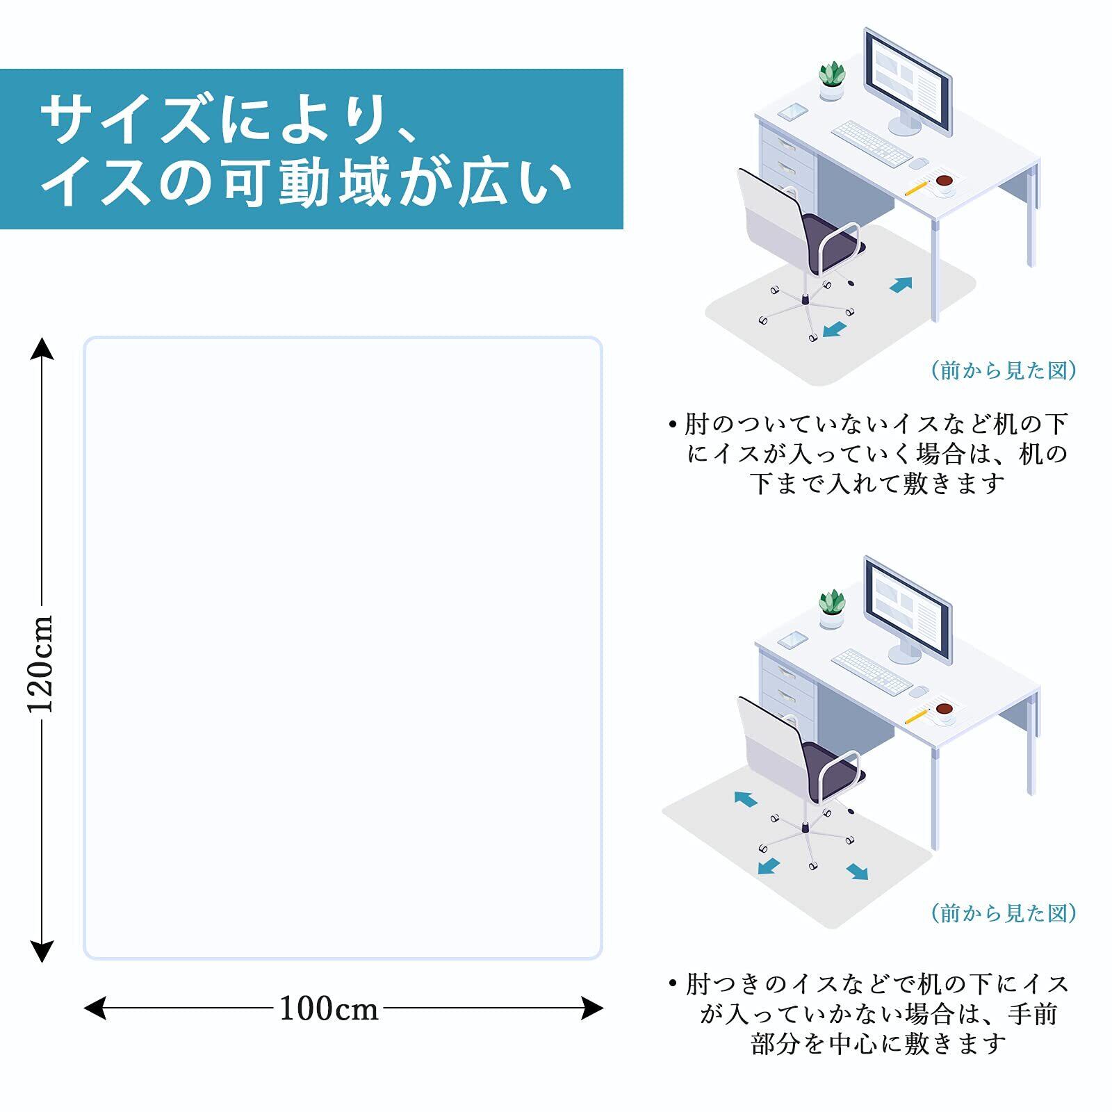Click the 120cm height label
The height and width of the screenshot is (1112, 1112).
(x=41, y=664)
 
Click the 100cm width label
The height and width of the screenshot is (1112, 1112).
(x=329, y=1008)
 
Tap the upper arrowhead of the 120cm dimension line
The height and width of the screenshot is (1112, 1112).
(x=42, y=347)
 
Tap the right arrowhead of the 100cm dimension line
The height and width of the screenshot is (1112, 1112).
(x=592, y=1008)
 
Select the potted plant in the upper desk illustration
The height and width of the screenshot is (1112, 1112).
(x=831, y=81)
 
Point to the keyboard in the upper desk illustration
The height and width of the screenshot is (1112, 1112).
(x=872, y=143)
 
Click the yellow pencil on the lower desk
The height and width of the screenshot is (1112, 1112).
(x=917, y=715)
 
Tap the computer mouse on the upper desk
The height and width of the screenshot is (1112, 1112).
(x=919, y=163)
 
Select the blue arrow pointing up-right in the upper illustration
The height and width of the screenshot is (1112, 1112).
(x=901, y=284)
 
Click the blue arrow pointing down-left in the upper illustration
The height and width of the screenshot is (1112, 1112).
(x=834, y=329)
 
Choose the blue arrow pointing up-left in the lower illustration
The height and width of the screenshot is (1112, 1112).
(x=746, y=799)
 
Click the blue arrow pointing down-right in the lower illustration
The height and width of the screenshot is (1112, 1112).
(x=858, y=872)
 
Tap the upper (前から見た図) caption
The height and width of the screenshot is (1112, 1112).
(x=1004, y=370)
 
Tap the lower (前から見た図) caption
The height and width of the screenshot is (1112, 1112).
(x=1004, y=913)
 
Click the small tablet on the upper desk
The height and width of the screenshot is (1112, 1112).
(x=793, y=111)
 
